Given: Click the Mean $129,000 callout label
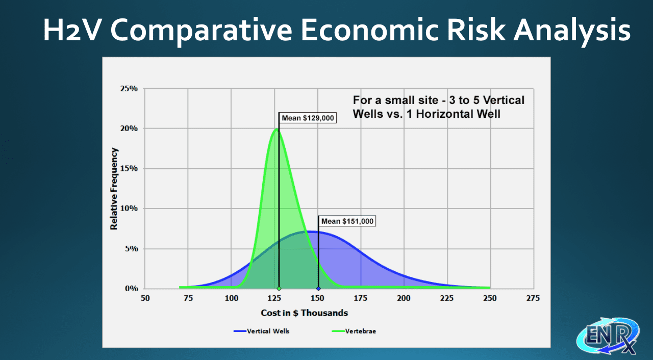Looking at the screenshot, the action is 308,118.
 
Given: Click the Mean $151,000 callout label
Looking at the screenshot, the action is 347,221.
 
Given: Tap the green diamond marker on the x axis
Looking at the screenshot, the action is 279,289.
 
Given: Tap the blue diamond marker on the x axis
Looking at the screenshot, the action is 318,289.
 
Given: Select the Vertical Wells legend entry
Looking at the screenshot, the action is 262,331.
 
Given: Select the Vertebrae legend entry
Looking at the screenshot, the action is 354,331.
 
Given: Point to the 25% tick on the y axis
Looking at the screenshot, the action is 129,89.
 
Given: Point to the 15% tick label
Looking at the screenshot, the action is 129,168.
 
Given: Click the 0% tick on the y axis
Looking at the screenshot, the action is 131,288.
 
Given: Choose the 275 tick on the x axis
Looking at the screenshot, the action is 533,298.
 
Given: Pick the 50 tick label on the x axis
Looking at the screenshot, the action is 145,298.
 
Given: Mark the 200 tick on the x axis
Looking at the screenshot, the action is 404,298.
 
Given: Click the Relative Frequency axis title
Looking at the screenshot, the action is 114,189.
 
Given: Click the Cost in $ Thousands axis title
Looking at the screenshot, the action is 305,313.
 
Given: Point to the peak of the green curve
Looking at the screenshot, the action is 277,128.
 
